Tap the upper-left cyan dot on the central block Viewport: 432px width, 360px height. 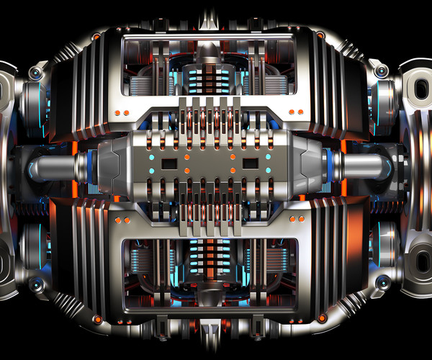[151, 156]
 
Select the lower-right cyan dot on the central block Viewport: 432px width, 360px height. [269, 171]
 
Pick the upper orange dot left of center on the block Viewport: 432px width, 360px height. [186, 156]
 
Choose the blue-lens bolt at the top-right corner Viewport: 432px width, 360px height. [382, 72]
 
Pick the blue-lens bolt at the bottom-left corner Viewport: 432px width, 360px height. [36, 284]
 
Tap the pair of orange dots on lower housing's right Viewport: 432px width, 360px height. [295, 220]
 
